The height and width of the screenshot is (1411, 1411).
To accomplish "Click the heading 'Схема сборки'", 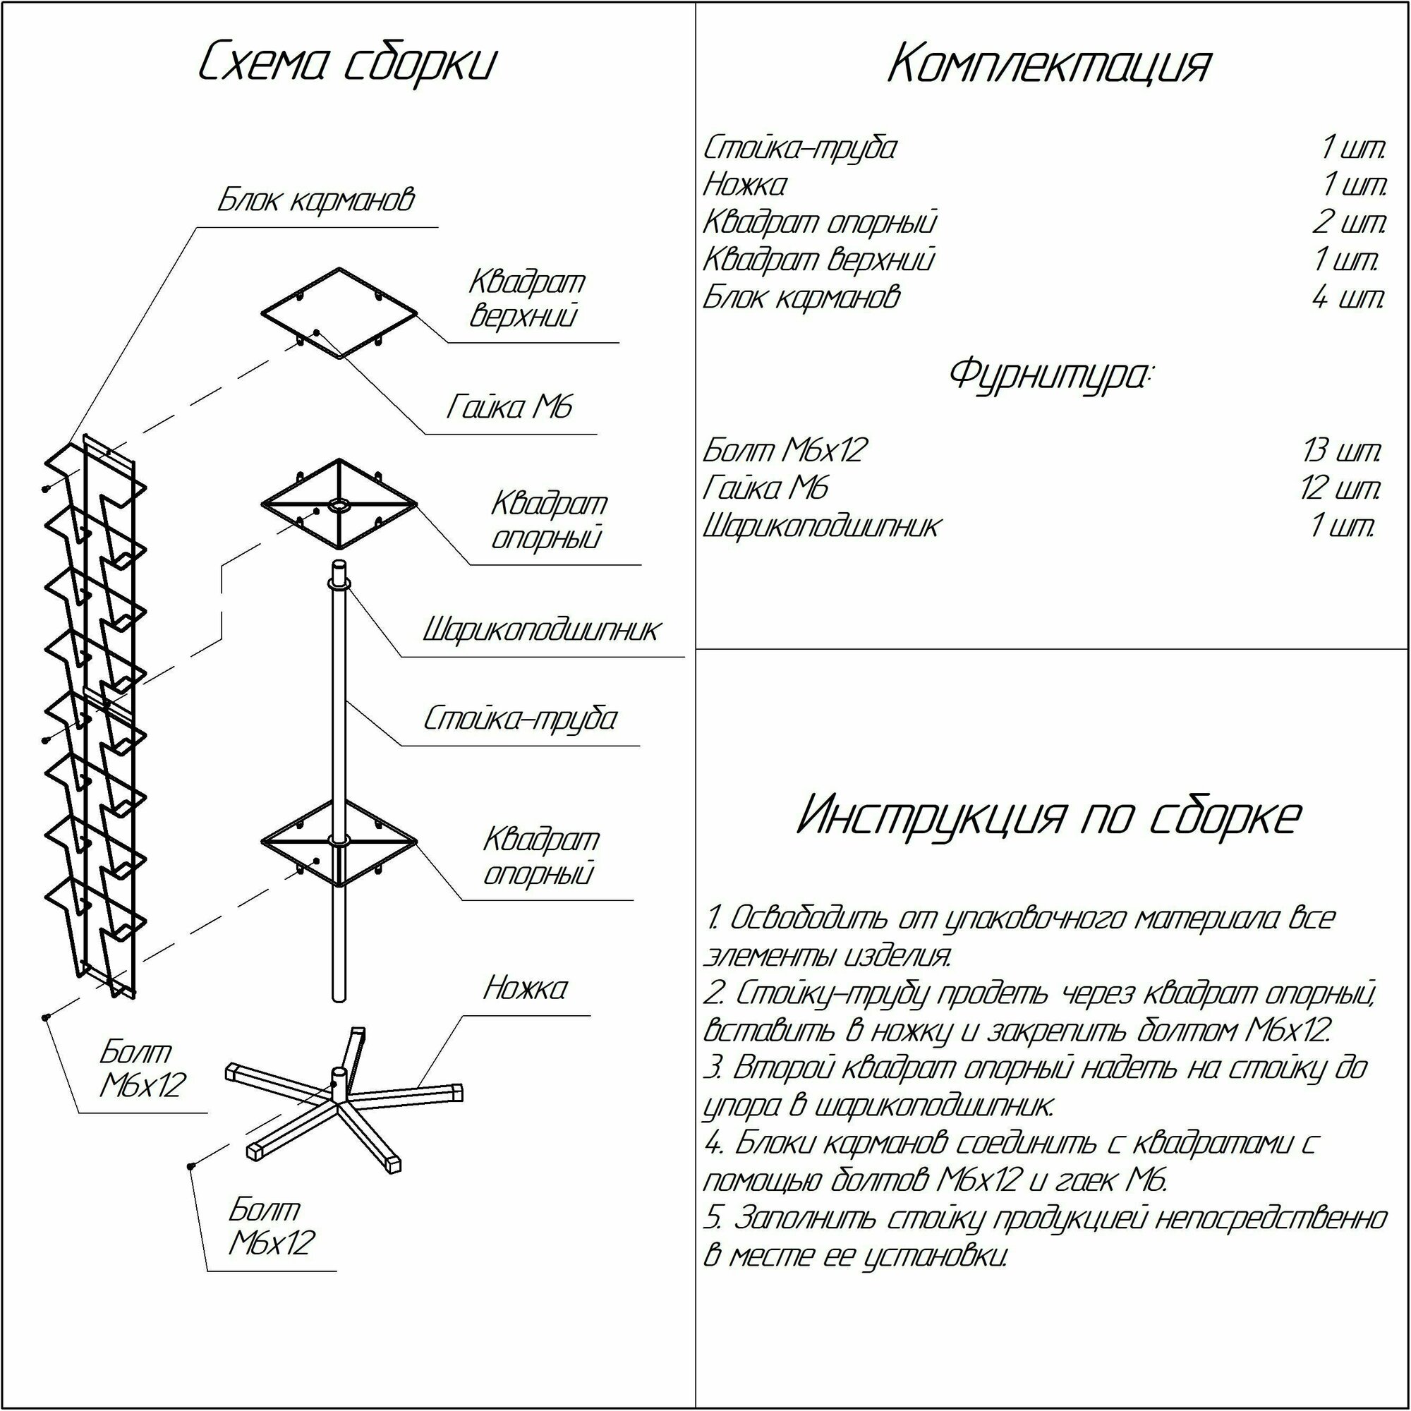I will (x=347, y=63).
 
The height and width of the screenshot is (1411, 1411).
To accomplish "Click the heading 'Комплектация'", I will (x=1050, y=66).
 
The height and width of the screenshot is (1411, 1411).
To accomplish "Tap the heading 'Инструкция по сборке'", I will (x=1049, y=816).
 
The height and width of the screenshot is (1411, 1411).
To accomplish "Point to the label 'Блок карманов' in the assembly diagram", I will (x=315, y=200).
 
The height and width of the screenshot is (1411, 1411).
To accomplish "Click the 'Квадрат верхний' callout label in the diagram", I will (x=526, y=298).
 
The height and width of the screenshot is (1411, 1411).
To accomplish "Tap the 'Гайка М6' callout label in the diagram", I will (x=509, y=408).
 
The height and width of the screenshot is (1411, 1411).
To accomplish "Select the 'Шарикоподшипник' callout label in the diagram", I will (x=541, y=629).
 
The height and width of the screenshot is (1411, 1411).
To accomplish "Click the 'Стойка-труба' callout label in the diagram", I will (x=520, y=719).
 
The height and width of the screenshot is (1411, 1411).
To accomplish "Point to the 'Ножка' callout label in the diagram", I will (x=524, y=989).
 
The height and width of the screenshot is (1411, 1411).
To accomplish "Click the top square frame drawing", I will (x=339, y=313).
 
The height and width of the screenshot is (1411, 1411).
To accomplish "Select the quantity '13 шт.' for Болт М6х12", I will (x=1343, y=451).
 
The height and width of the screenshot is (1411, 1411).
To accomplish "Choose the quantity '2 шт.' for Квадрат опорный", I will (x=1348, y=222).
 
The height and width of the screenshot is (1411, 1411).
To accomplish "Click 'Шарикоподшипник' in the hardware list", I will (x=822, y=526).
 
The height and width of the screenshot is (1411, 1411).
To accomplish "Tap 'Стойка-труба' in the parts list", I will (x=800, y=148).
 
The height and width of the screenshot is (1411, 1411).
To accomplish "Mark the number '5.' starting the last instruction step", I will (x=713, y=1219).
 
